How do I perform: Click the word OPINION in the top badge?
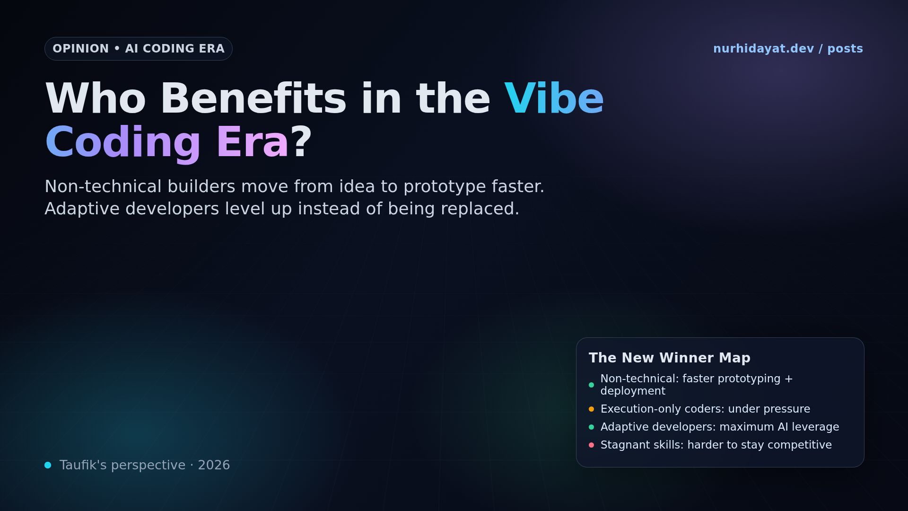click(x=80, y=49)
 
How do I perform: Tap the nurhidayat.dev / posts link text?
click(x=788, y=49)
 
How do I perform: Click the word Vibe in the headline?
click(x=554, y=99)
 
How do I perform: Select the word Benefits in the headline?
click(x=253, y=99)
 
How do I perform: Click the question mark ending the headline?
click(x=301, y=142)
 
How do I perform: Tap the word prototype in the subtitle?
click(x=445, y=187)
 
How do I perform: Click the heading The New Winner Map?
click(x=669, y=358)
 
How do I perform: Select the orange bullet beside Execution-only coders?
click(x=591, y=409)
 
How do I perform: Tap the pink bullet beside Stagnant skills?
click(x=591, y=445)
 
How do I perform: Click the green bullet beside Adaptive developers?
click(x=591, y=427)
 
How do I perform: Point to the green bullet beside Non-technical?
click(x=591, y=385)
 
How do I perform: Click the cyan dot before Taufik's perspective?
click(x=48, y=465)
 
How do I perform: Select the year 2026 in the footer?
click(x=214, y=465)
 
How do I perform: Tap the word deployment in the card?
click(x=633, y=391)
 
